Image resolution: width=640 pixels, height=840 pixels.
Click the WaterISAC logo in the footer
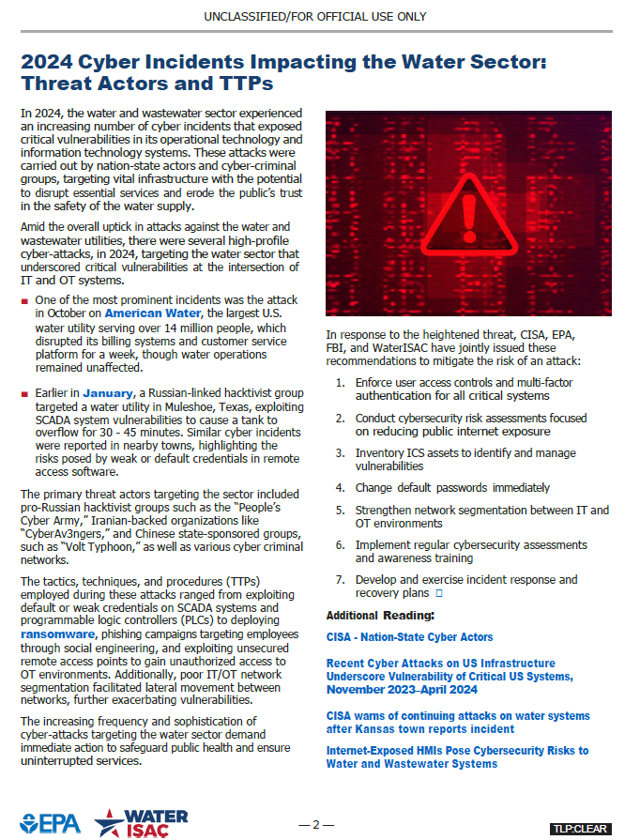click(141, 822)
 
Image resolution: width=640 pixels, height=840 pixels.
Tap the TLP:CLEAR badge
click(580, 829)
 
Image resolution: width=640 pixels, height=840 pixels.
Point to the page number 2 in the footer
click(316, 825)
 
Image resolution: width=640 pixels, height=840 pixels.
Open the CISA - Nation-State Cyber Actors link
click(409, 637)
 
